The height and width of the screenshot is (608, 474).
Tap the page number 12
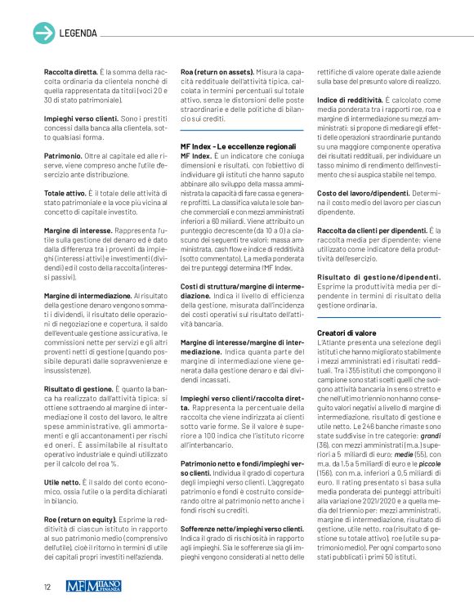[47, 585]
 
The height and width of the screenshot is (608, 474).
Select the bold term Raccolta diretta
[69, 72]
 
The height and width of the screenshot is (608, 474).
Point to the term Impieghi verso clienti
[79, 118]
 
